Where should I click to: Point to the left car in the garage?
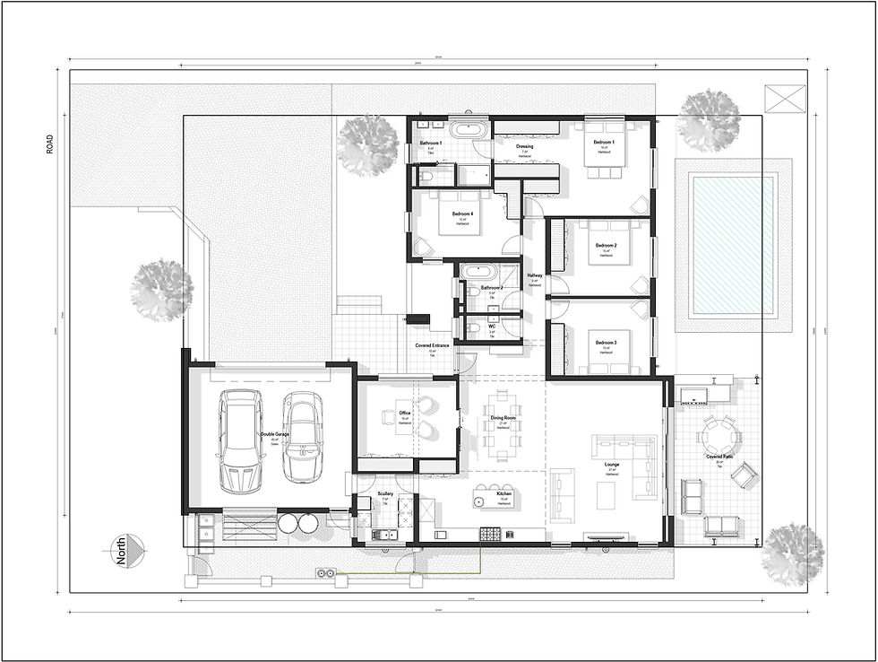pos(242,442)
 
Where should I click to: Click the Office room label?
pos(405,414)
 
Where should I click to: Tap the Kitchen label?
pos(504,497)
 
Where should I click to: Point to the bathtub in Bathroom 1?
pos(469,129)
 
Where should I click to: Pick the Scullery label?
pos(386,494)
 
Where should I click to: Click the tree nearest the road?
pos(162,290)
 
